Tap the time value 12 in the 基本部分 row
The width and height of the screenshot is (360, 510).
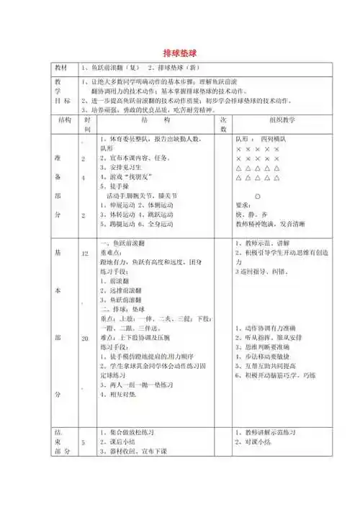[86, 254]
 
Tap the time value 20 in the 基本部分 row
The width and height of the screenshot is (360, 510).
[86, 338]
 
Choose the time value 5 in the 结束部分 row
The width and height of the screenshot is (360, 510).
[85, 442]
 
